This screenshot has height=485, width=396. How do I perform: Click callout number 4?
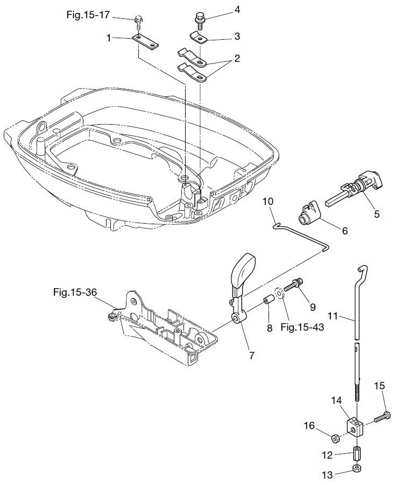coord(237,10)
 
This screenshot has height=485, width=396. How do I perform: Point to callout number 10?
coord(268,201)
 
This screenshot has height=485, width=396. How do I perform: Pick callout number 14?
coord(336,401)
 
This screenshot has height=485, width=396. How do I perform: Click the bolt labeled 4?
coord(200,20)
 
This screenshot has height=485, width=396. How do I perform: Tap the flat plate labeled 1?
coord(146,40)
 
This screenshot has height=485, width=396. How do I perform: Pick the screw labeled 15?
coord(383,416)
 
